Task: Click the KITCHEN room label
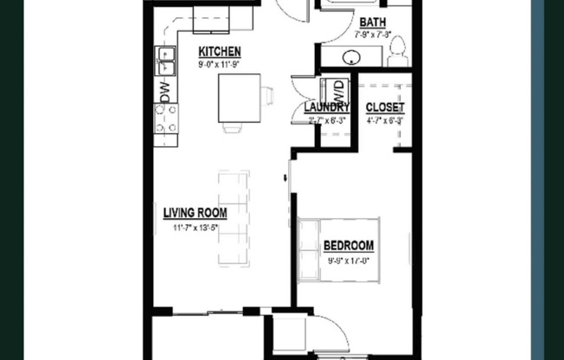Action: tap(219, 51)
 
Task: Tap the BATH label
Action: tap(373, 22)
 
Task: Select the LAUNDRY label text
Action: tap(329, 107)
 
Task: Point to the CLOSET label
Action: tap(385, 107)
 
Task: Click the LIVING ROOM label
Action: tap(195, 213)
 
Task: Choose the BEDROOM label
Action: tap(349, 246)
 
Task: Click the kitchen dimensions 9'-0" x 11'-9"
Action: tap(219, 63)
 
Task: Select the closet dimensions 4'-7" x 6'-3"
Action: tap(385, 121)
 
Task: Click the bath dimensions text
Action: tap(374, 35)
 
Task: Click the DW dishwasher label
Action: tap(164, 91)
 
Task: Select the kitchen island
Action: tap(238, 99)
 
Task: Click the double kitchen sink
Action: tap(165, 61)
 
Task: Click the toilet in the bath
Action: tap(398, 55)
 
